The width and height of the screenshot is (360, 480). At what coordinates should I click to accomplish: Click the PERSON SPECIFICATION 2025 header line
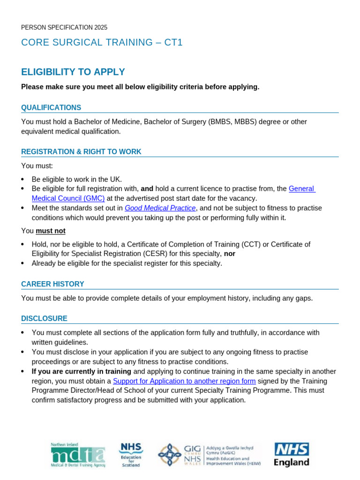click(x=64, y=28)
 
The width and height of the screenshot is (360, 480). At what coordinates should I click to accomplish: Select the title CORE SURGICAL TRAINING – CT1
click(x=102, y=43)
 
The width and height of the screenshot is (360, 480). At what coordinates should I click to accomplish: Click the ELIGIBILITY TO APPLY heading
click(x=73, y=72)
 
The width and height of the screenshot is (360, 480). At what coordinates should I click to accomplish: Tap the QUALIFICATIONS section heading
click(x=51, y=108)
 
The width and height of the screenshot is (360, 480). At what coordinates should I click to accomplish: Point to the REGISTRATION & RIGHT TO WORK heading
click(x=81, y=152)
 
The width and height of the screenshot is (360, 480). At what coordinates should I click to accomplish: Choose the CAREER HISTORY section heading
click(x=52, y=284)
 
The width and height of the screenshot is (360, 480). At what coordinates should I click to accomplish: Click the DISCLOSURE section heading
click(x=44, y=319)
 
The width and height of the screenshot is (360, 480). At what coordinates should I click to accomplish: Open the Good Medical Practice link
click(x=160, y=208)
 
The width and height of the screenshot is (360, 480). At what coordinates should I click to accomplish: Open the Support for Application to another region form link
click(x=184, y=381)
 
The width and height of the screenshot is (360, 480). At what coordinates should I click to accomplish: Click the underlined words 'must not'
click(x=51, y=231)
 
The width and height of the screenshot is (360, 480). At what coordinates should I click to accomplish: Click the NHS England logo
click(x=292, y=455)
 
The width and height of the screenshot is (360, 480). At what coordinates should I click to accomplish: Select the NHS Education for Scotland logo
click(x=131, y=455)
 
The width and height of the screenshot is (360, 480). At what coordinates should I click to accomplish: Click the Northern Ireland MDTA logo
click(x=78, y=455)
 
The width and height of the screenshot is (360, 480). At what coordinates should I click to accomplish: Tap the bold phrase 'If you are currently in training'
click(x=82, y=371)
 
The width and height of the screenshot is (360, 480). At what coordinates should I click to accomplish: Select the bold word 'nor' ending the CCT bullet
click(x=230, y=254)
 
